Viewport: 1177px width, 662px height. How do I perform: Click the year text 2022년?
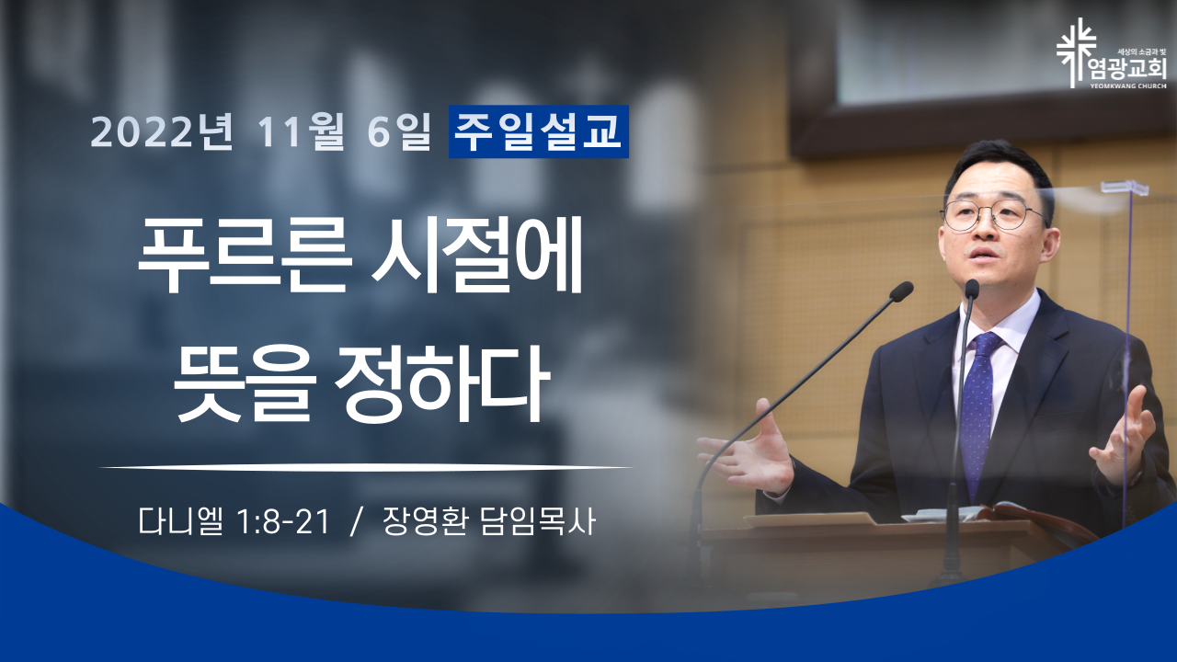point(162,131)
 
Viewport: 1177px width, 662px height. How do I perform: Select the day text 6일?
point(398,131)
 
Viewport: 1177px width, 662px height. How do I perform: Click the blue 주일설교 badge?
point(539,131)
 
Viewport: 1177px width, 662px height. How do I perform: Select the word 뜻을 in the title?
point(245,382)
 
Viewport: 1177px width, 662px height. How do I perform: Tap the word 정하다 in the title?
point(441,382)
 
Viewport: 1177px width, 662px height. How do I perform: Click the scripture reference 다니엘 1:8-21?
point(234,521)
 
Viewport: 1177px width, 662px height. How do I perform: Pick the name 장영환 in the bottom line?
point(425,521)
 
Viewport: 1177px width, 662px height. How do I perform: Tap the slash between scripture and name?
point(357,522)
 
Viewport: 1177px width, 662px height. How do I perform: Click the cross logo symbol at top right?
point(1076,52)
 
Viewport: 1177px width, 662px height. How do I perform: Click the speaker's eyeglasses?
point(993,215)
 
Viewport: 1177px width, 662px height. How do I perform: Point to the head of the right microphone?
point(972,290)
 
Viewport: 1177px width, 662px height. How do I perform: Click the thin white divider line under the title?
point(366,466)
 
